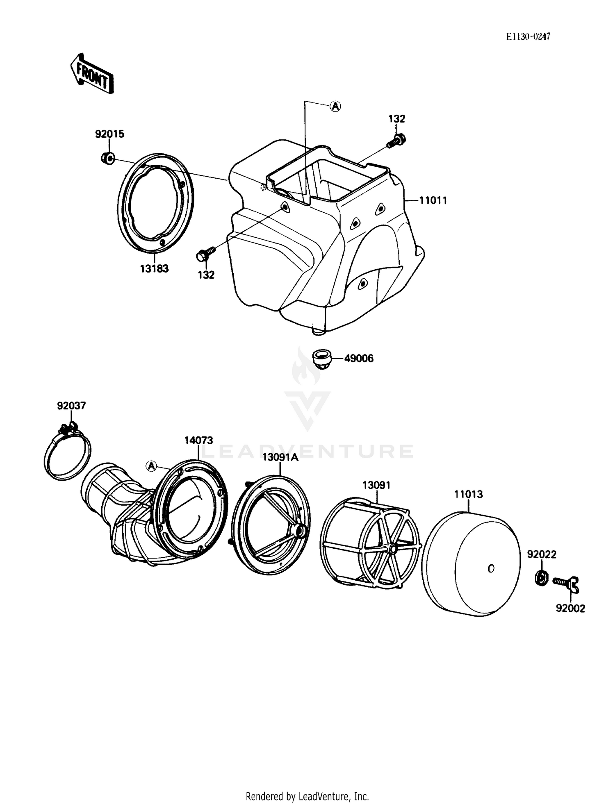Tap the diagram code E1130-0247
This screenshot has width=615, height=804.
tap(528, 37)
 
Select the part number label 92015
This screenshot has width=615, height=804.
tap(109, 134)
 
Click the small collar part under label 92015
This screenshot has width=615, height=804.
tap(108, 158)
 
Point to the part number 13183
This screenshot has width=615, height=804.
tap(154, 269)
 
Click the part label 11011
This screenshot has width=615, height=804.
tap(433, 200)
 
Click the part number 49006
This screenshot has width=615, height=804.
tap(359, 359)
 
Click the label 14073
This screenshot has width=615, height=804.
tap(198, 441)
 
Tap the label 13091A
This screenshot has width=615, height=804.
tap(280, 457)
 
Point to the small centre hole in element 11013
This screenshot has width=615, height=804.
tap(491, 568)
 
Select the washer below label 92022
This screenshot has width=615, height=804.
tap(541, 578)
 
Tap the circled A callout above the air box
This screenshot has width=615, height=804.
tap(335, 107)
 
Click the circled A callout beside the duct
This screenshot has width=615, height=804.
tap(151, 466)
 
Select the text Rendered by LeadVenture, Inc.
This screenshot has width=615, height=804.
tap(307, 796)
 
